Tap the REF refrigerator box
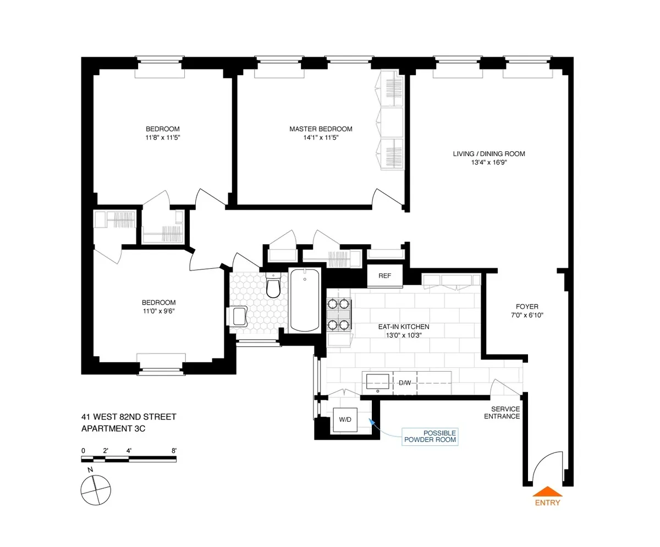(385, 276)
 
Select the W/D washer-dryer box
(345, 419)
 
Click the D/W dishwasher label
(405, 382)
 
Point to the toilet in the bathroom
(273, 286)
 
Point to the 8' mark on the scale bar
(174, 450)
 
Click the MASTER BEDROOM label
(321, 129)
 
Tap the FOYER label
(527, 307)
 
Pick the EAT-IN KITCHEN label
(403, 327)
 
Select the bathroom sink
(239, 316)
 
